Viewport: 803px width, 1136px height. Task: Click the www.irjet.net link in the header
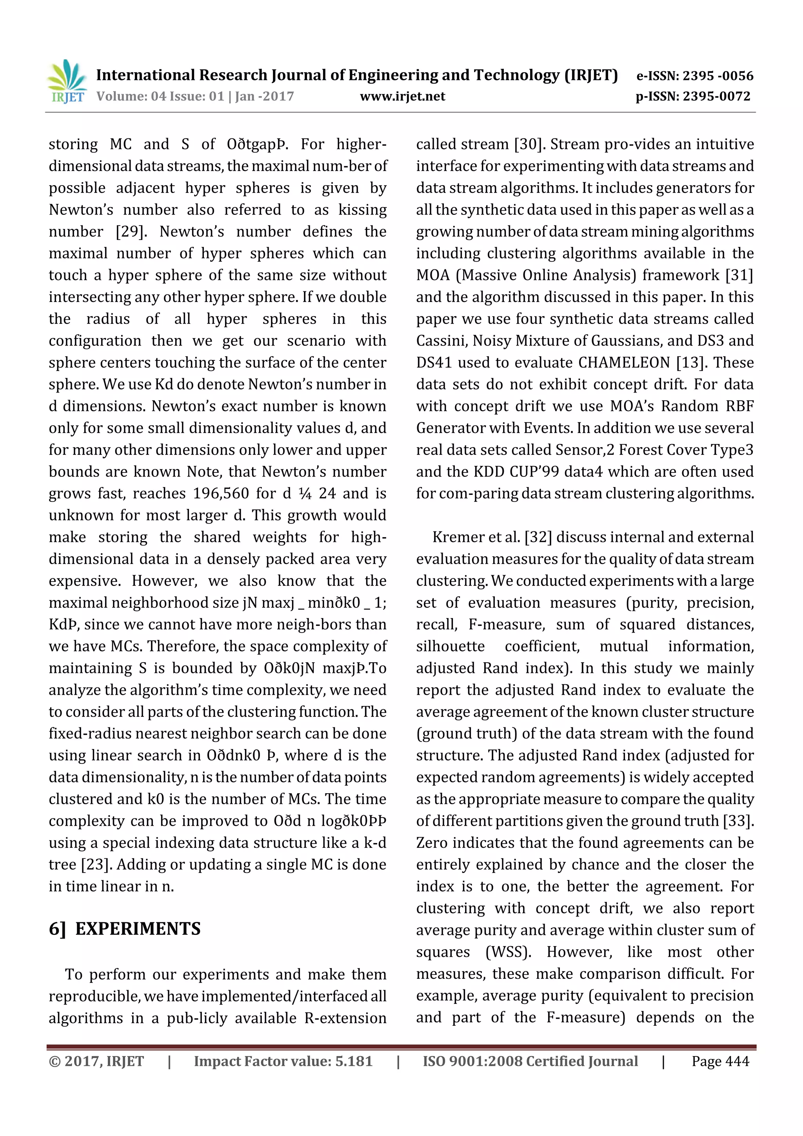coord(402,96)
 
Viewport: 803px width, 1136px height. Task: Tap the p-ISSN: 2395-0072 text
coord(693,96)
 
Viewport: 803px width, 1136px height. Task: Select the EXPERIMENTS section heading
coord(138,929)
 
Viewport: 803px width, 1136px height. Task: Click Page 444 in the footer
coord(720,1061)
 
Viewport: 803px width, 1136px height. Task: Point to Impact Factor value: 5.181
coord(283,1061)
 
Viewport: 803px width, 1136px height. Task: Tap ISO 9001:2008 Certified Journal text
coord(530,1061)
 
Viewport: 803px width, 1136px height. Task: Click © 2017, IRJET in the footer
coord(96,1061)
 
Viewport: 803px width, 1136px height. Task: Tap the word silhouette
coord(450,646)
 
